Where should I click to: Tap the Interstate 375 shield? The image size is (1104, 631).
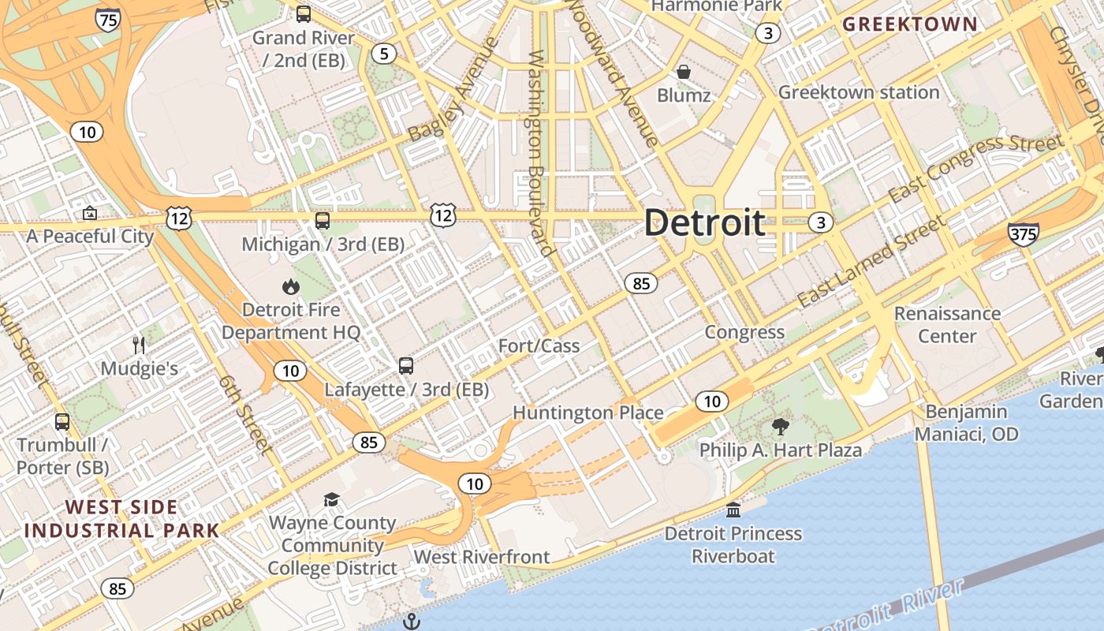pos(1023,233)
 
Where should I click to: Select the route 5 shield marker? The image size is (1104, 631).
pos(384,54)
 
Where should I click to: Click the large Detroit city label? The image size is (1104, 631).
pos(704,222)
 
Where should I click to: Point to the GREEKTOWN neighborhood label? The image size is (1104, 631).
pos(910,24)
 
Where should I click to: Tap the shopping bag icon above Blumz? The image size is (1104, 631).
pos(684,72)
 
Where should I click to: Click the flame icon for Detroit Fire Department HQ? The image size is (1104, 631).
pos(291,287)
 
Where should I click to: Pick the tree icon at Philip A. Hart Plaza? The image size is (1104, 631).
pos(781,428)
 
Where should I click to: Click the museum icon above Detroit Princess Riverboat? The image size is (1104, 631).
pos(733,510)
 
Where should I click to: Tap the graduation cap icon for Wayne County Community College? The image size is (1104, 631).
pos(332,500)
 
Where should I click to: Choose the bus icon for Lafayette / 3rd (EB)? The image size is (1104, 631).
pos(406,366)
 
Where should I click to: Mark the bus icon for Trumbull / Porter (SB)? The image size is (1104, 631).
pos(62,422)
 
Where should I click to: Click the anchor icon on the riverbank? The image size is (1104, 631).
pos(411,622)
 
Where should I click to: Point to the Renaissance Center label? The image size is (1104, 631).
pos(947,325)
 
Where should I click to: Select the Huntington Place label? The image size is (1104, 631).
pos(588,413)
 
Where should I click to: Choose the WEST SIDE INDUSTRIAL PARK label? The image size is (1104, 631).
pos(122,518)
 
